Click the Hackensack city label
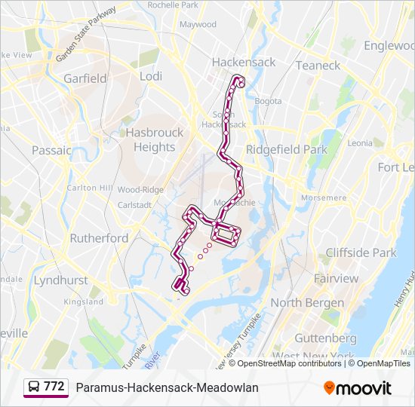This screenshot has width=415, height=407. [243, 62]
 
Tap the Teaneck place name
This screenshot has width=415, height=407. [318, 66]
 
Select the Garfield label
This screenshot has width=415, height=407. [85, 78]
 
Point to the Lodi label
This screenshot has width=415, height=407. [151, 76]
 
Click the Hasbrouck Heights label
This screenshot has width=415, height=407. [154, 139]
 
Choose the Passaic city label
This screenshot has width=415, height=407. [51, 150]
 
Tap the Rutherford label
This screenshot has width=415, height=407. [99, 237]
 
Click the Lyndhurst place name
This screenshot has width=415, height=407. [61, 280]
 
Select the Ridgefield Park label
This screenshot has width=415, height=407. [287, 149]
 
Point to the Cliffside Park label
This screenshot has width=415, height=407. [361, 252]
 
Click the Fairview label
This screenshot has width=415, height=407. [336, 278]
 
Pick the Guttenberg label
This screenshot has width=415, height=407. [324, 338]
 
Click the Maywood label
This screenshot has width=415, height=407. [198, 24]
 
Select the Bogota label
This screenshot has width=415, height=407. [268, 101]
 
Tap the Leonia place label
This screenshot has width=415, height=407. [360, 143]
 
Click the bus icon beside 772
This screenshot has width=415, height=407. [34, 387]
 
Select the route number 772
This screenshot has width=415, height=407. [54, 387]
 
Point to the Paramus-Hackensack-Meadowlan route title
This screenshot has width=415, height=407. [167, 387]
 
